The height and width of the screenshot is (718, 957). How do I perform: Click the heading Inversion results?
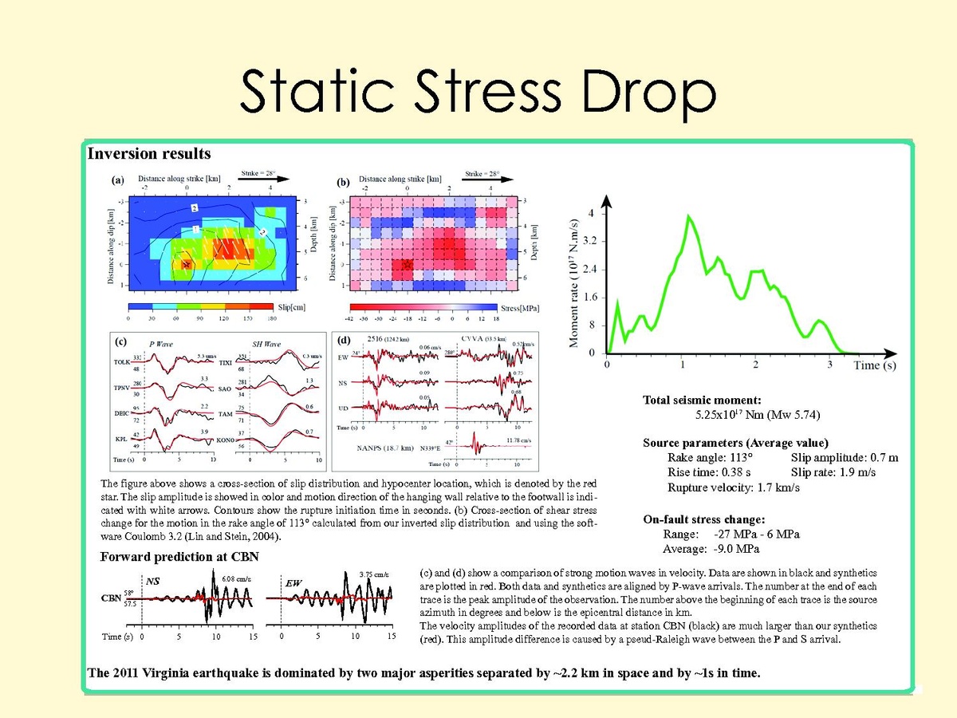click(x=149, y=153)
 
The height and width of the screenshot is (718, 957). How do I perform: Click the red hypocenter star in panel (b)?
click(x=408, y=264)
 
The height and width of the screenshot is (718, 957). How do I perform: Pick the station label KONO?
click(x=224, y=440)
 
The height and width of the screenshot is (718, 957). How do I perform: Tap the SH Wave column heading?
click(x=268, y=343)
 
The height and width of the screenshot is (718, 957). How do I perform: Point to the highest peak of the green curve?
click(x=687, y=215)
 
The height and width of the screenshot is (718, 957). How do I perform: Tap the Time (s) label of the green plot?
click(x=879, y=365)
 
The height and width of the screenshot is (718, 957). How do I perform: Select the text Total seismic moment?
click(x=702, y=400)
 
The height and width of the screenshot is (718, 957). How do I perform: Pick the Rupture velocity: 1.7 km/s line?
click(x=734, y=487)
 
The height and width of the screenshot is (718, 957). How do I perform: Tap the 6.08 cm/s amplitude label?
click(x=237, y=578)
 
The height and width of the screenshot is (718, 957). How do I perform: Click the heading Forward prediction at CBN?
click(x=179, y=557)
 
